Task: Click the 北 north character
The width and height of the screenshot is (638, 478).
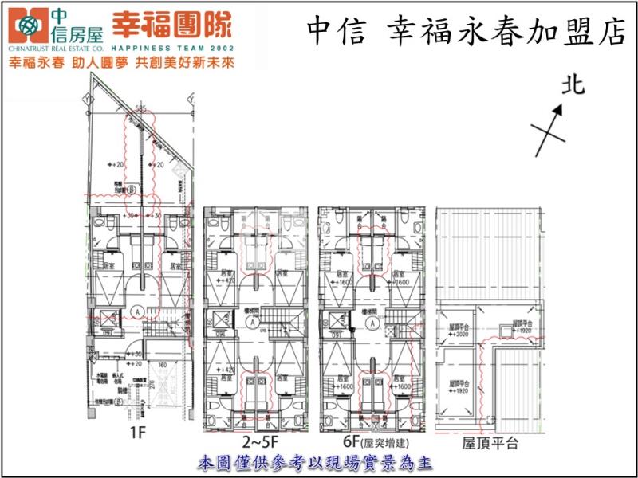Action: pyautogui.click(x=571, y=85)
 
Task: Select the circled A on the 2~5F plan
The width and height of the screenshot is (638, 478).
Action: pyautogui.click(x=252, y=323)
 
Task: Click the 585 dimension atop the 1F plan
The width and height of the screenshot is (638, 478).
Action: pyautogui.click(x=140, y=108)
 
